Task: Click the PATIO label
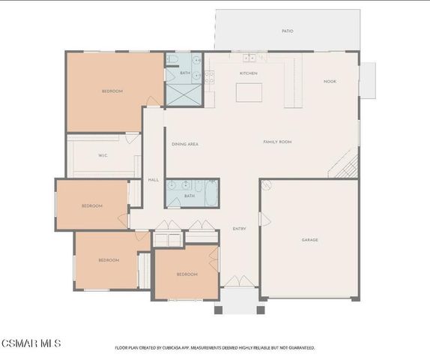click(x=287, y=31)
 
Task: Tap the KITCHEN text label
click(x=248, y=73)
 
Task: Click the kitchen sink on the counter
click(x=249, y=58)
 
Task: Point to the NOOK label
click(x=329, y=81)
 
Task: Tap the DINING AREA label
click(x=184, y=144)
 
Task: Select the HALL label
click(x=153, y=180)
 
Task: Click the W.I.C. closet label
click(x=103, y=156)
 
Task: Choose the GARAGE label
click(x=309, y=240)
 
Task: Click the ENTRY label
click(x=239, y=229)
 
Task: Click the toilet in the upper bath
click(x=172, y=59)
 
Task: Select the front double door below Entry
click(x=239, y=281)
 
